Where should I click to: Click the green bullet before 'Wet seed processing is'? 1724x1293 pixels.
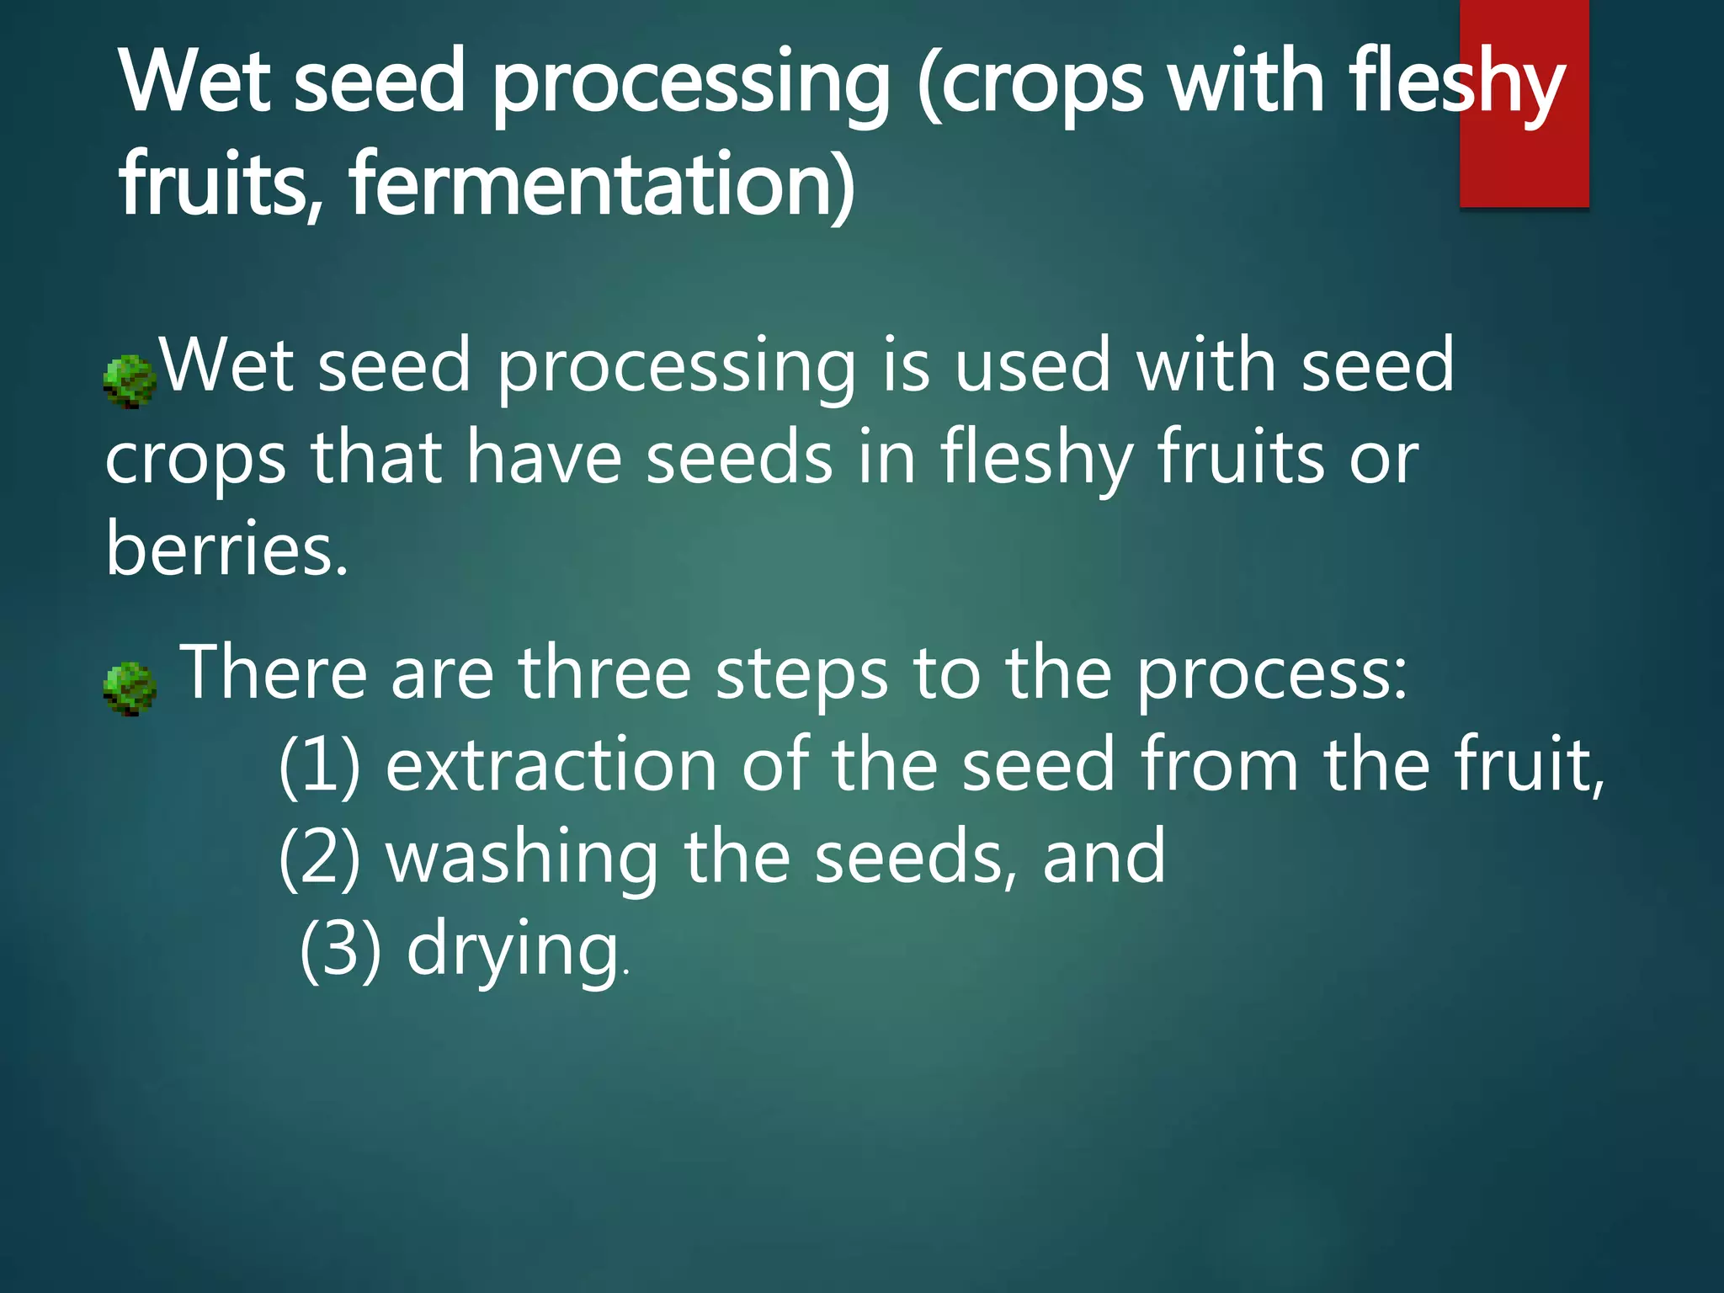point(130,380)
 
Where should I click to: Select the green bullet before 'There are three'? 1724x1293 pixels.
point(130,688)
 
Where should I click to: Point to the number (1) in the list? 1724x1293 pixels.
point(319,764)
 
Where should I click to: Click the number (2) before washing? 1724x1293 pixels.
point(319,856)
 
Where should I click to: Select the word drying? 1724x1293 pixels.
point(513,950)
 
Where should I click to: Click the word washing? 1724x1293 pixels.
point(522,856)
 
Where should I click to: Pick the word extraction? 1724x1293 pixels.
point(551,764)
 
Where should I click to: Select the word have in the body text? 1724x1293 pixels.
point(544,457)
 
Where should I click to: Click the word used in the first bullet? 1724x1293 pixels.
point(1032,366)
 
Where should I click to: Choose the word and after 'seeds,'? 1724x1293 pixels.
point(1104,856)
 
